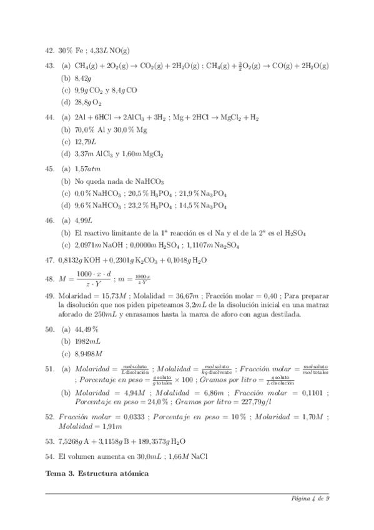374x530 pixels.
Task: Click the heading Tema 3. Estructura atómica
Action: click(x=97, y=474)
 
